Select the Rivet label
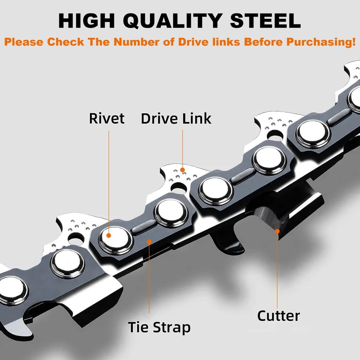click(106, 119)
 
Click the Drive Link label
click(176, 119)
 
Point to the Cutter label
click(278, 315)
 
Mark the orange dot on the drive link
click(183, 170)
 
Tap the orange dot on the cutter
click(278, 231)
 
